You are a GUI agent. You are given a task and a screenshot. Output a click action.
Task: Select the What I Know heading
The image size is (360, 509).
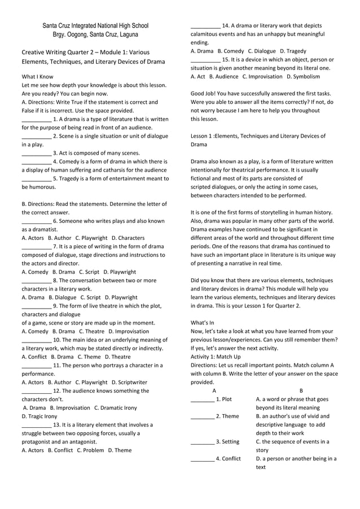(38, 76)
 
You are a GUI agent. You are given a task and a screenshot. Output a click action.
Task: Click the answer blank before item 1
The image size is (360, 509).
(36, 119)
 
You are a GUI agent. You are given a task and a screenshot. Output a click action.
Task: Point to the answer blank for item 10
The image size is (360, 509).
(36, 340)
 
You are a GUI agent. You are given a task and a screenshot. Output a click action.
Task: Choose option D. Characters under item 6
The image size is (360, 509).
(128, 238)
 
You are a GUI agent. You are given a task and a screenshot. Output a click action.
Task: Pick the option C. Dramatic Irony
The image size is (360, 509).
(115, 407)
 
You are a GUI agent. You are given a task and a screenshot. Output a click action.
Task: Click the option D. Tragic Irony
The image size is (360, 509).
(39, 416)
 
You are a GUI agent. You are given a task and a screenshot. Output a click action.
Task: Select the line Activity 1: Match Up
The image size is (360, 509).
(216, 357)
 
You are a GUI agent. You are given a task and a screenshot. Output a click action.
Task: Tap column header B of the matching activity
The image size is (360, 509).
(301, 390)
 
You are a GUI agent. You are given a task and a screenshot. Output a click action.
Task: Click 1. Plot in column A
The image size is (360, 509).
(224, 399)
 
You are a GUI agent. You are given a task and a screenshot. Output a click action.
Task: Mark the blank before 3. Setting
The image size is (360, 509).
(202, 442)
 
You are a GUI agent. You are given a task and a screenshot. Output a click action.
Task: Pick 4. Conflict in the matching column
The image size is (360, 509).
(229, 459)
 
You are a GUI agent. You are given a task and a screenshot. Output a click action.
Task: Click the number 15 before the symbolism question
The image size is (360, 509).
(226, 59)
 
